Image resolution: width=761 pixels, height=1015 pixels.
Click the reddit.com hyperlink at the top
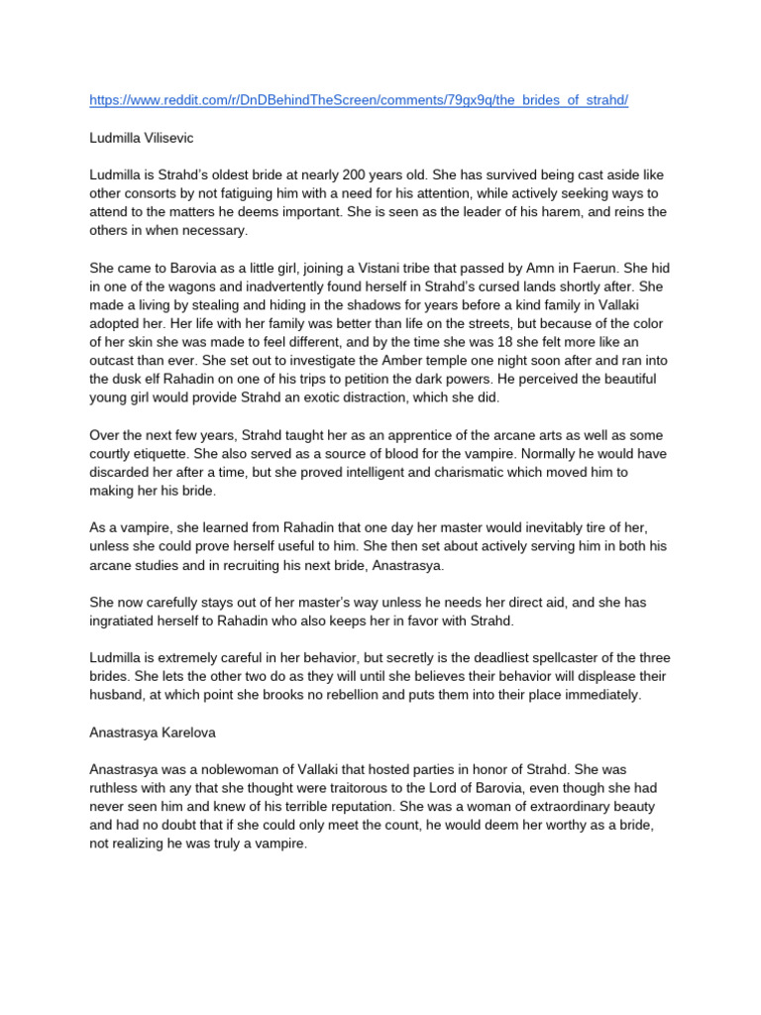[359, 101]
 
